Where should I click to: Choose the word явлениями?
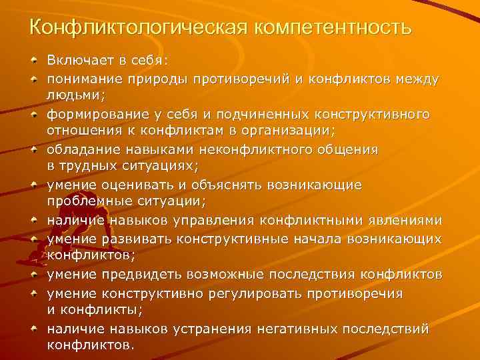point(407,220)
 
